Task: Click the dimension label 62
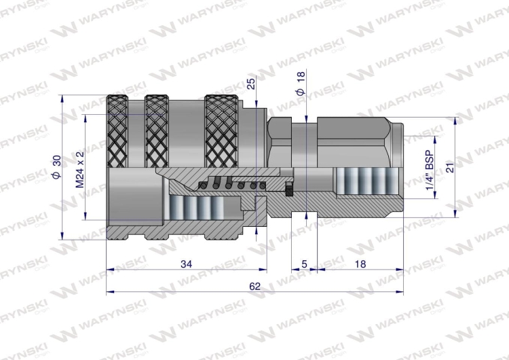coord(254,286)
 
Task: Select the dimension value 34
coord(186,264)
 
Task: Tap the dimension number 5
coord(304,264)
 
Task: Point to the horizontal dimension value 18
coord(360,264)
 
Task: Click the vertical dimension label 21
coord(451,166)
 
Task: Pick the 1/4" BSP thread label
coord(430,170)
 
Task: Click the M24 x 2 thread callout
coord(80,169)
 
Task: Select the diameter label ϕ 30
coord(56,166)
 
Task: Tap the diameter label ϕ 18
coord(301,83)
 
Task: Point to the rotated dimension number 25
coord(251,84)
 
